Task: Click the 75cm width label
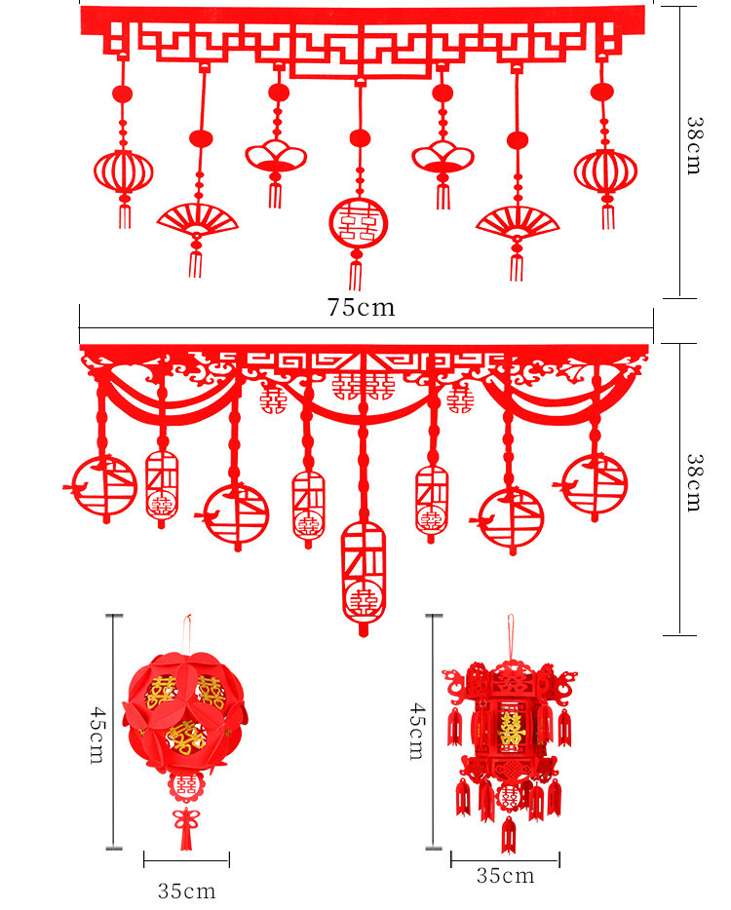[x=362, y=308]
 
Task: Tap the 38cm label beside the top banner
[x=693, y=146]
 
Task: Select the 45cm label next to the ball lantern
[x=96, y=736]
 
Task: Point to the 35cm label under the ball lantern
[x=187, y=891]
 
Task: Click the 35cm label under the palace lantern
[x=505, y=876]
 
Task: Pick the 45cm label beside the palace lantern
[x=416, y=731]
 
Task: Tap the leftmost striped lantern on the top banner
[x=124, y=171]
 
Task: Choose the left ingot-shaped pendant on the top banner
[x=276, y=155]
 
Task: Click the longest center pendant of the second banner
[x=364, y=575]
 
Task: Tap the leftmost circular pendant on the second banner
[x=105, y=485]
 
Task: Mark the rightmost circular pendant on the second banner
[x=596, y=483]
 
